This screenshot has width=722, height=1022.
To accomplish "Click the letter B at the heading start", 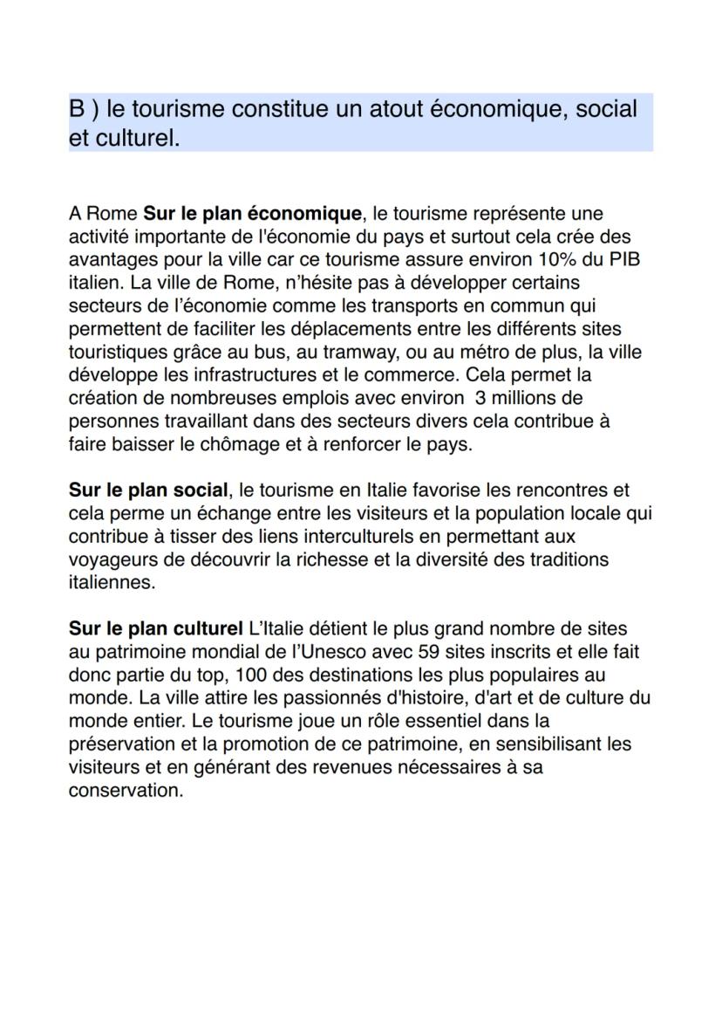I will click(78, 110).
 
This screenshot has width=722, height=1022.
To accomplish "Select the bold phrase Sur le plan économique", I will click(251, 214).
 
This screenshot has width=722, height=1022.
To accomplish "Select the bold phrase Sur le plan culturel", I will click(156, 628).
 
